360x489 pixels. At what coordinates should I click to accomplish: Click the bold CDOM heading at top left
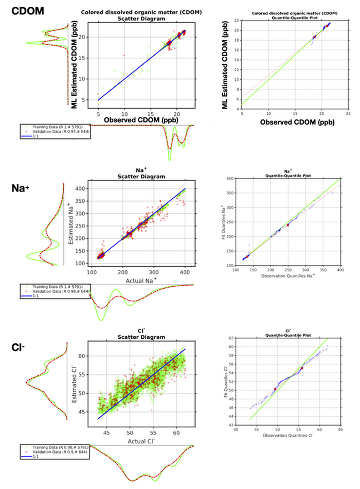tap(22, 10)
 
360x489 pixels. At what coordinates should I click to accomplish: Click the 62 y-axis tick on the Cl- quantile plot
tap(229, 338)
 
